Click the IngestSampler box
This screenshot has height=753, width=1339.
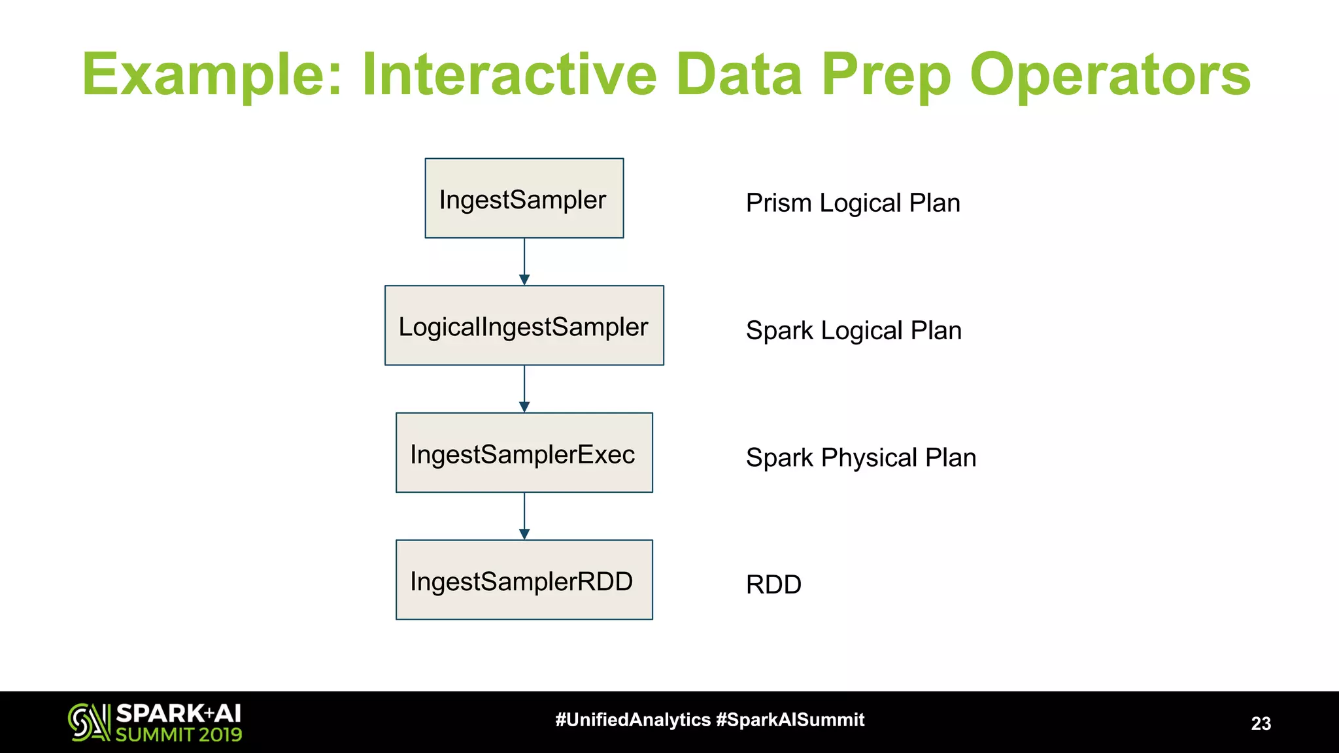point(524,199)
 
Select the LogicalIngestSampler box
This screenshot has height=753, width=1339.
point(524,326)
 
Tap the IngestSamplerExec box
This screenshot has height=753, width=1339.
point(524,453)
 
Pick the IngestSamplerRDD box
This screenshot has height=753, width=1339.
point(524,580)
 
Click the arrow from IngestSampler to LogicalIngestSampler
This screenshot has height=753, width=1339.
point(524,261)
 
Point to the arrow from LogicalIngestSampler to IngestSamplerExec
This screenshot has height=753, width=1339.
point(524,389)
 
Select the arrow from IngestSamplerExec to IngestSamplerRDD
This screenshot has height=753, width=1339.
point(524,516)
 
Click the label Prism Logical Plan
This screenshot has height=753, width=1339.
point(853,203)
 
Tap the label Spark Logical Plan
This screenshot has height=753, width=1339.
point(853,331)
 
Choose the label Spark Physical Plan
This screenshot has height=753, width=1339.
point(860,458)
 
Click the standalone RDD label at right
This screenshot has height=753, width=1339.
point(773,584)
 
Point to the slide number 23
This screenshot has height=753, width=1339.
point(1261,724)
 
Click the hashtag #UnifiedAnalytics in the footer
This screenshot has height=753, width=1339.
point(632,720)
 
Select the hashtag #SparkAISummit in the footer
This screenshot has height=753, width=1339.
point(790,720)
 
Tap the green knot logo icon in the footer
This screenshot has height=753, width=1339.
point(89,722)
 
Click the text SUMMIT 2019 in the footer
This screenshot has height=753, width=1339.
point(178,735)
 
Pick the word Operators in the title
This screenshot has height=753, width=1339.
point(1110,75)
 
